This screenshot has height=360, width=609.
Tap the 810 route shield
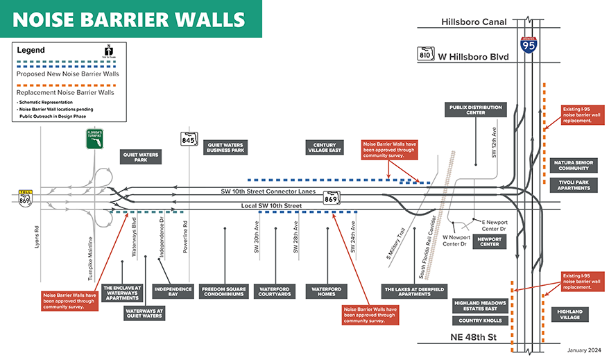(x=424, y=54)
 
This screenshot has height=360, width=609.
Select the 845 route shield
(x=189, y=139)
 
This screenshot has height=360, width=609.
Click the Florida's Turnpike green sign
(x=95, y=138)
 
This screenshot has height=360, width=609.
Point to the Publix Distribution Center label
(x=475, y=110)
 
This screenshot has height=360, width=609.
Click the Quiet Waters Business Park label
(x=226, y=148)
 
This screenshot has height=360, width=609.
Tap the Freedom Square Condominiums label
(x=224, y=291)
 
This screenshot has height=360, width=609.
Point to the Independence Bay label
(x=173, y=291)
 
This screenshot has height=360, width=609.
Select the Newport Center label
(x=490, y=241)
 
